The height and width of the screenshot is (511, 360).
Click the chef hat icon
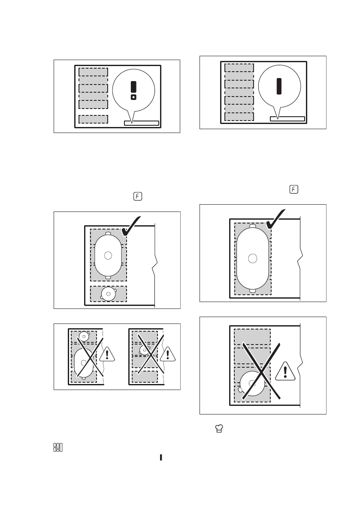click(x=219, y=428)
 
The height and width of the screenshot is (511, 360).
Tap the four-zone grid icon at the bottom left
click(x=58, y=448)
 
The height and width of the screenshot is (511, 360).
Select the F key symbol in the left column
click(x=138, y=197)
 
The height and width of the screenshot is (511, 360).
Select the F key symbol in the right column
click(x=294, y=189)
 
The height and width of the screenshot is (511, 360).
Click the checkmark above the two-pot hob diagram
click(x=131, y=226)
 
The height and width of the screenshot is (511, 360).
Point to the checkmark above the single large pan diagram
click(x=275, y=219)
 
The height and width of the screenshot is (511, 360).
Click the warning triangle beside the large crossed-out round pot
click(x=285, y=371)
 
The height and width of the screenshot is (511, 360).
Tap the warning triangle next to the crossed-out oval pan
click(x=107, y=354)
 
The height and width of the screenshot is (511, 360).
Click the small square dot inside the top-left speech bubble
click(x=133, y=97)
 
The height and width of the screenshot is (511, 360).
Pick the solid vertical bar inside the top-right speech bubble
click(x=279, y=86)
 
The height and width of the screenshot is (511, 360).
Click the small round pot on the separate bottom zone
click(x=108, y=293)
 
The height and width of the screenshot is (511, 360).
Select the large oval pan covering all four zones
click(x=252, y=258)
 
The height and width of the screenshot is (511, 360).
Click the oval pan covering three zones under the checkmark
click(x=108, y=255)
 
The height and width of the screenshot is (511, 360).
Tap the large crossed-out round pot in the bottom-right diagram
click(x=252, y=384)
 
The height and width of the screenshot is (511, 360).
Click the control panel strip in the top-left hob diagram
click(x=142, y=123)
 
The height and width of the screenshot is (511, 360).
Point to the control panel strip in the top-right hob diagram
click(x=287, y=119)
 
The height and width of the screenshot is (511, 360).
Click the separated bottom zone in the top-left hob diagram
click(x=93, y=119)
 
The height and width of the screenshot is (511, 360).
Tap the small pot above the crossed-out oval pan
click(x=84, y=336)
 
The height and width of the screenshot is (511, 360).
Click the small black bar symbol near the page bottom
click(x=161, y=457)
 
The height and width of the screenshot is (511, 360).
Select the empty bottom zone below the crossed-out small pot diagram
click(x=145, y=377)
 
